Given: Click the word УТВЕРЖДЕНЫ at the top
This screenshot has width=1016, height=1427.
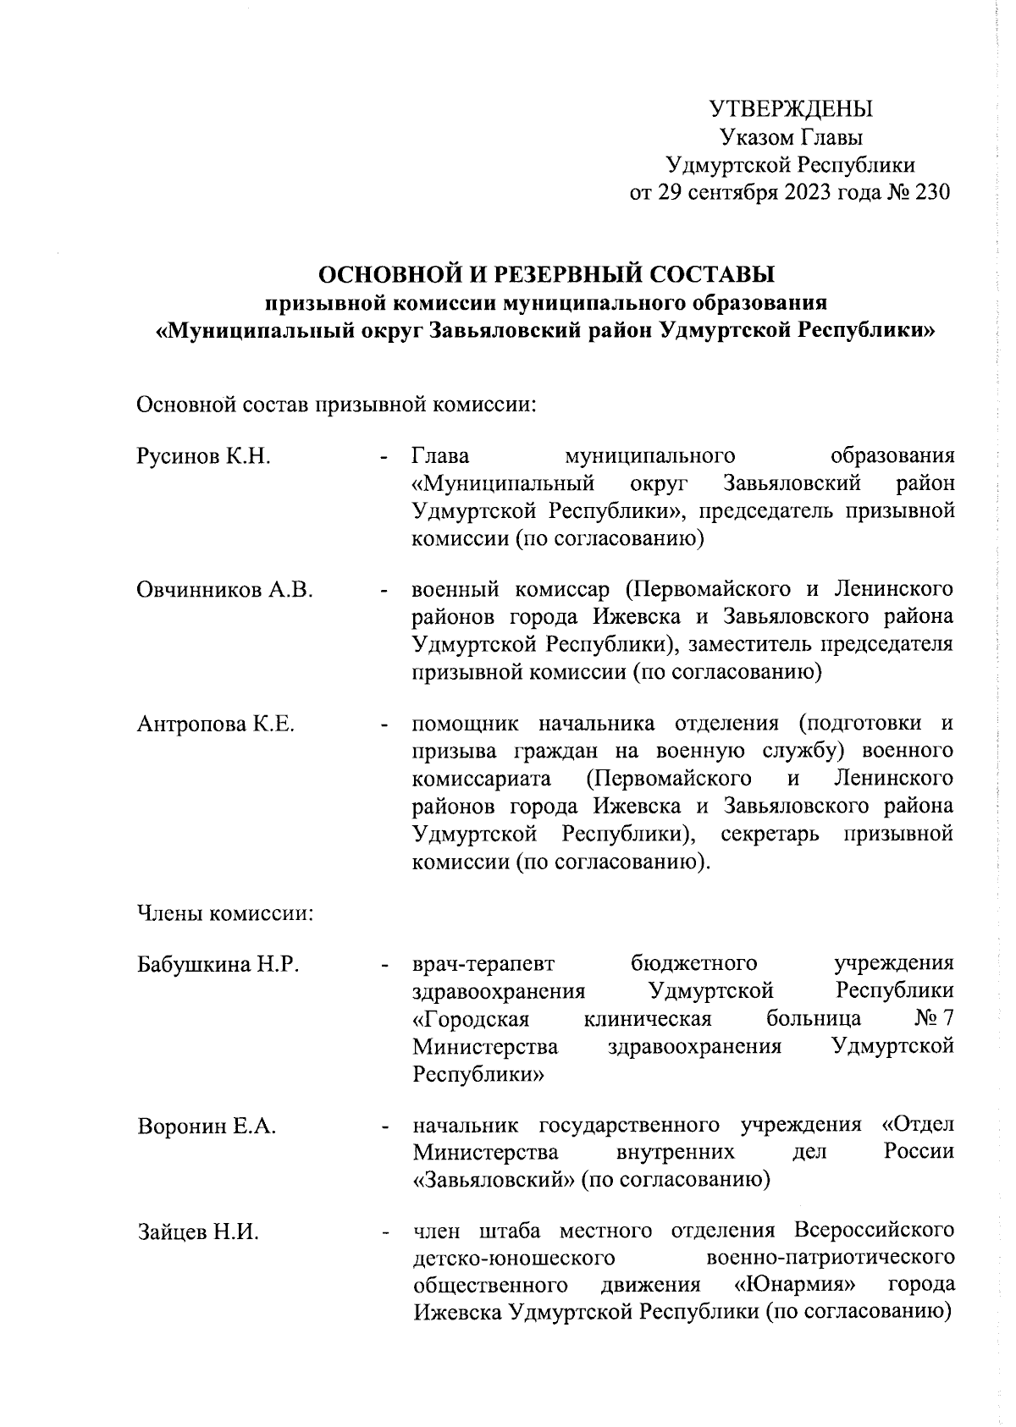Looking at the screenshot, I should (790, 110).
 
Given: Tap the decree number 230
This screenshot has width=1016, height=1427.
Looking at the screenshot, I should (932, 192).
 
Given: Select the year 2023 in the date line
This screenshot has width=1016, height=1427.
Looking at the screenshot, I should (814, 192).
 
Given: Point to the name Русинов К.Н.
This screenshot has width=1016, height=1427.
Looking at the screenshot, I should (203, 458).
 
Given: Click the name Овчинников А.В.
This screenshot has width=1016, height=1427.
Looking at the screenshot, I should (225, 591).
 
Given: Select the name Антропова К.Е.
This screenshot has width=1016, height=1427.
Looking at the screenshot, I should (215, 725).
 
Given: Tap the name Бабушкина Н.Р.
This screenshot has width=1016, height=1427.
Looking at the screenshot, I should (218, 964).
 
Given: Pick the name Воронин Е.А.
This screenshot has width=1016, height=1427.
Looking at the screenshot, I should (207, 1127).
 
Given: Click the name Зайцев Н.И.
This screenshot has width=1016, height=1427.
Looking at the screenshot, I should (198, 1232).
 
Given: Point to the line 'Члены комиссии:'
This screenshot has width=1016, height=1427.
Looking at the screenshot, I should (225, 914).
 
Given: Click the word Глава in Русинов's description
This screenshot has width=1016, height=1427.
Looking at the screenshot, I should (441, 457).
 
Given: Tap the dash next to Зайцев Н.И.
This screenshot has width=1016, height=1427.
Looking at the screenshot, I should (385, 1233).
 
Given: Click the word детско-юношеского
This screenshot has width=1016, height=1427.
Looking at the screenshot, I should (512, 1259).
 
